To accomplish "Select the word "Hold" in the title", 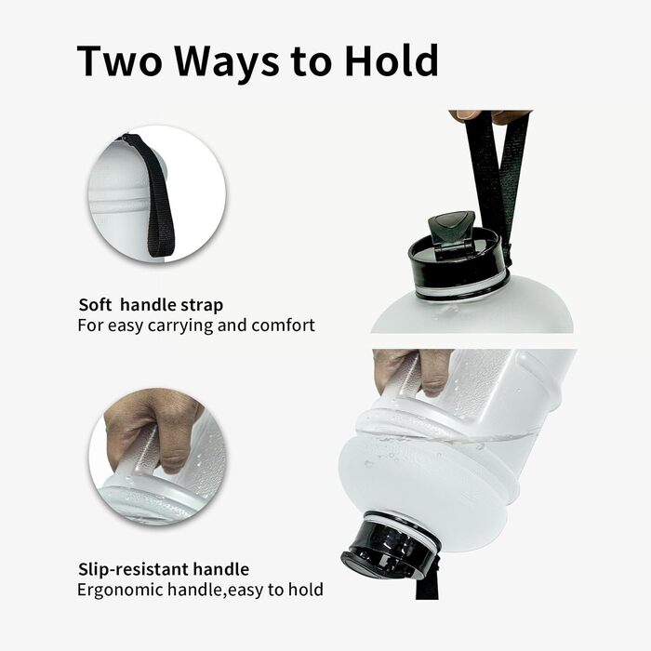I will pyautogui.click(x=392, y=60).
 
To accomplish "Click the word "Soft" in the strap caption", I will pyautogui.click(x=96, y=305).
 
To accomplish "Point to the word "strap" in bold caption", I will pyautogui.click(x=199, y=305).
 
